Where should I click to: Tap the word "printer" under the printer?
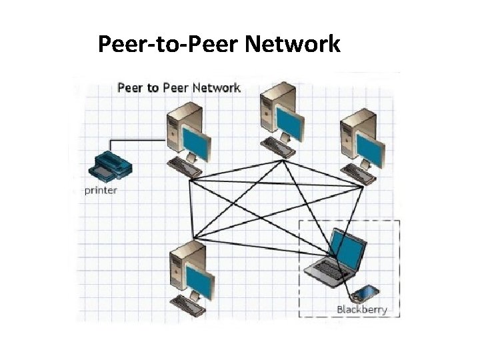coord(101,191)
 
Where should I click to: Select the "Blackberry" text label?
coord(361,310)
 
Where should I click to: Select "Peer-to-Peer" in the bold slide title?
coord(168,45)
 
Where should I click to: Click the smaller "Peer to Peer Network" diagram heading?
coord(179,88)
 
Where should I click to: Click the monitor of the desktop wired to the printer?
coord(196,141)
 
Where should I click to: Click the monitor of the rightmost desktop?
coord(369,148)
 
